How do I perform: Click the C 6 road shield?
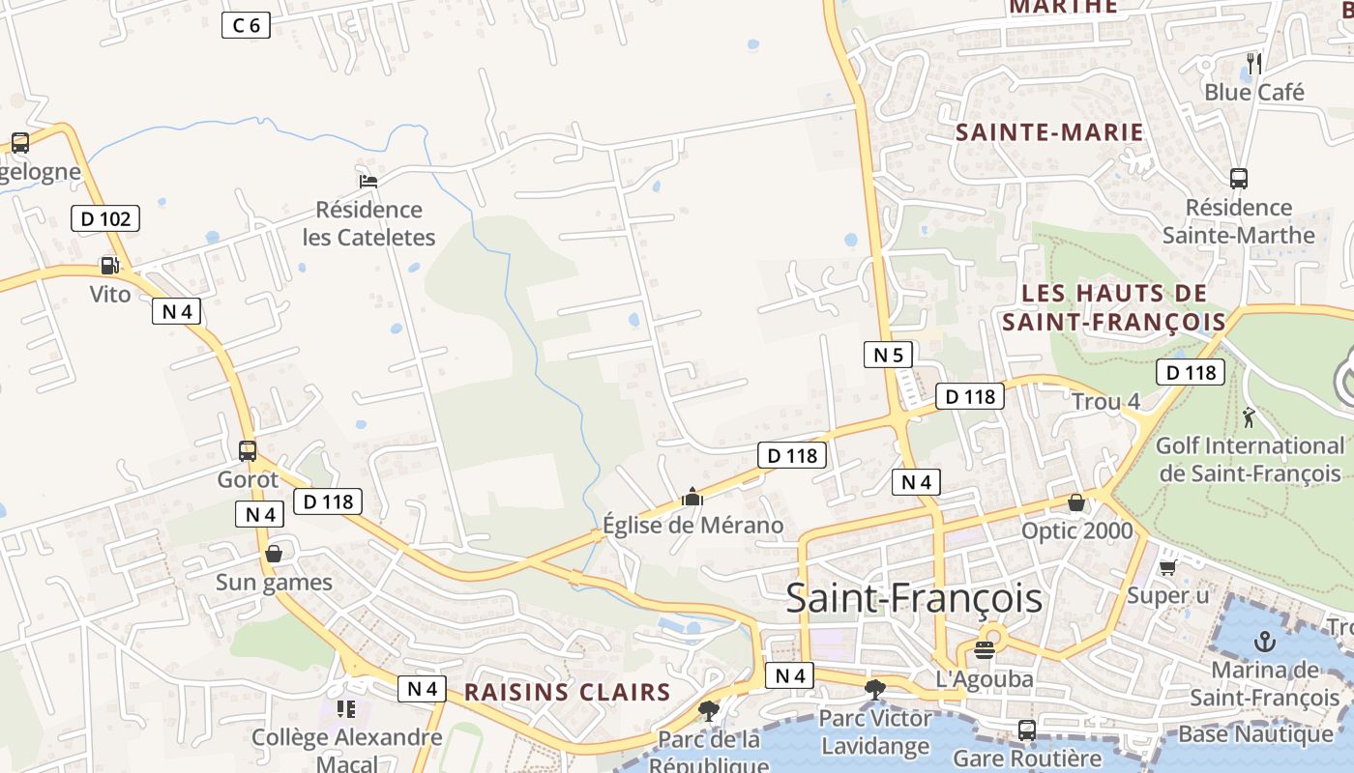point(246,25)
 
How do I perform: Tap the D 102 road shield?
point(105,218)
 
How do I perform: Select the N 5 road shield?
point(888,355)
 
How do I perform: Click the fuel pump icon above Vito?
point(110,265)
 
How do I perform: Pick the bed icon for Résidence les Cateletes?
point(368,180)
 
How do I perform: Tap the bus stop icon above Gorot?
point(248,450)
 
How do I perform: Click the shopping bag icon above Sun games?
point(274,554)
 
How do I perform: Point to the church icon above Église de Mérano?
point(692,497)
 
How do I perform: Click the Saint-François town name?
point(914,598)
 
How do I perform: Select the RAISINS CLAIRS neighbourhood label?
point(567,692)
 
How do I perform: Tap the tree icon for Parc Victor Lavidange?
point(875,689)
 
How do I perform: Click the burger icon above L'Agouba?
point(986,649)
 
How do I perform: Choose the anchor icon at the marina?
point(1264,642)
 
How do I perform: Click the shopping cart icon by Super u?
point(1167,567)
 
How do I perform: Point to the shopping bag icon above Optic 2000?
point(1075,502)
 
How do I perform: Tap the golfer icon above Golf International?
point(1249,417)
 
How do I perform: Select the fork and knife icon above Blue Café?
point(1254,64)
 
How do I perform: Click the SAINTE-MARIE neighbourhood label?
point(1049,132)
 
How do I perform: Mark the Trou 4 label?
point(1105,401)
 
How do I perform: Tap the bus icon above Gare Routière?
point(1027,730)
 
